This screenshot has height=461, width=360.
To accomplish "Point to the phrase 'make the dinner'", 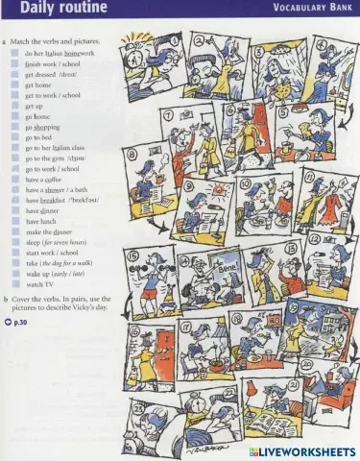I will [x=52, y=231].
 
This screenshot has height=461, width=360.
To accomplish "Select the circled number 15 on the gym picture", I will [x=132, y=255].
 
